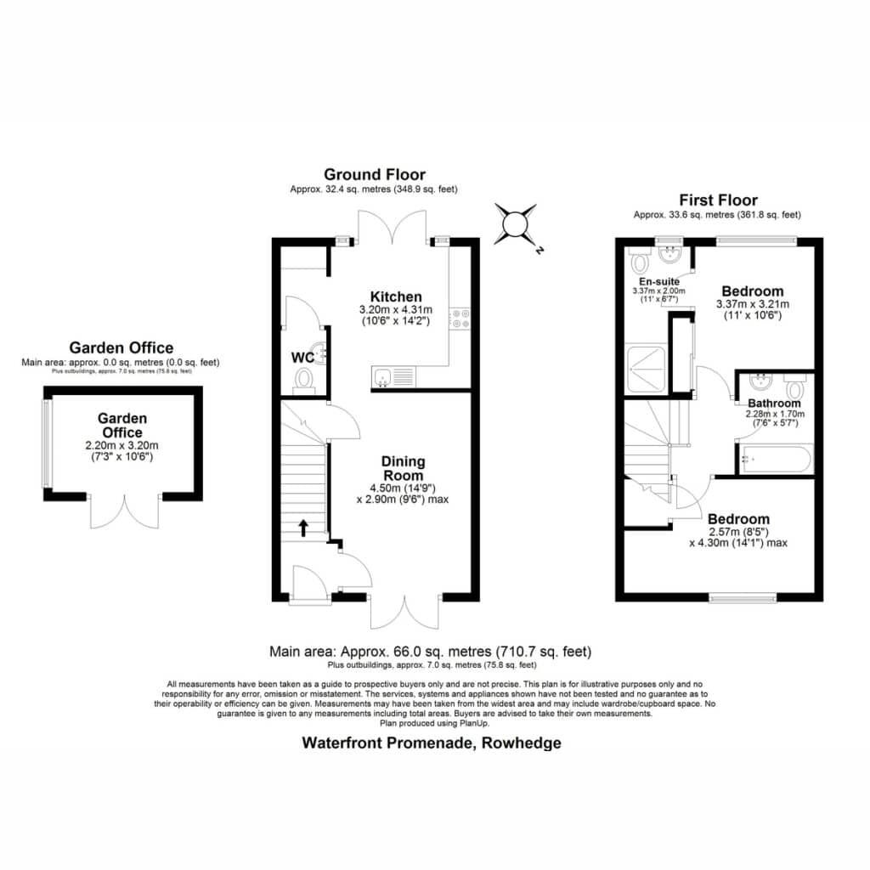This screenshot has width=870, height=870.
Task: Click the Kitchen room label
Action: [396, 297]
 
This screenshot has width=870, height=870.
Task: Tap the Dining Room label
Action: [404, 468]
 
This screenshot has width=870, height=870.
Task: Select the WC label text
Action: [302, 358]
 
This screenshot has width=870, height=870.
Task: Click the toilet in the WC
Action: [304, 381]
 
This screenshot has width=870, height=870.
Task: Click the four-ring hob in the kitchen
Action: [460, 319]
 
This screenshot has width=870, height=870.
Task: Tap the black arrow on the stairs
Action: [303, 528]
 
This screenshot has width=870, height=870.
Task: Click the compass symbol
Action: [516, 224]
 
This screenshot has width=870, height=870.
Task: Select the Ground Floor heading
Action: [375, 175]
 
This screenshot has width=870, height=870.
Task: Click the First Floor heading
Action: [719, 200]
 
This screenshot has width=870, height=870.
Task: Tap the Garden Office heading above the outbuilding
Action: [121, 347]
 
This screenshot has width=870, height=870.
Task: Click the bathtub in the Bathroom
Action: [775, 459]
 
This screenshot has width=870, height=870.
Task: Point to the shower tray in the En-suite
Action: [646, 369]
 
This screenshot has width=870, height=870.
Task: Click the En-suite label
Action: [659, 281]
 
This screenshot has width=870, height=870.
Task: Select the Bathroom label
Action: [774, 404]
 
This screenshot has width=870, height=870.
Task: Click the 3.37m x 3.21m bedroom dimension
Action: [753, 304]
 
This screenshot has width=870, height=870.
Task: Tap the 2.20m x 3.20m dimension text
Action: [121, 445]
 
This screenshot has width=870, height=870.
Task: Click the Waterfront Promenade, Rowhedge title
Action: [432, 743]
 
